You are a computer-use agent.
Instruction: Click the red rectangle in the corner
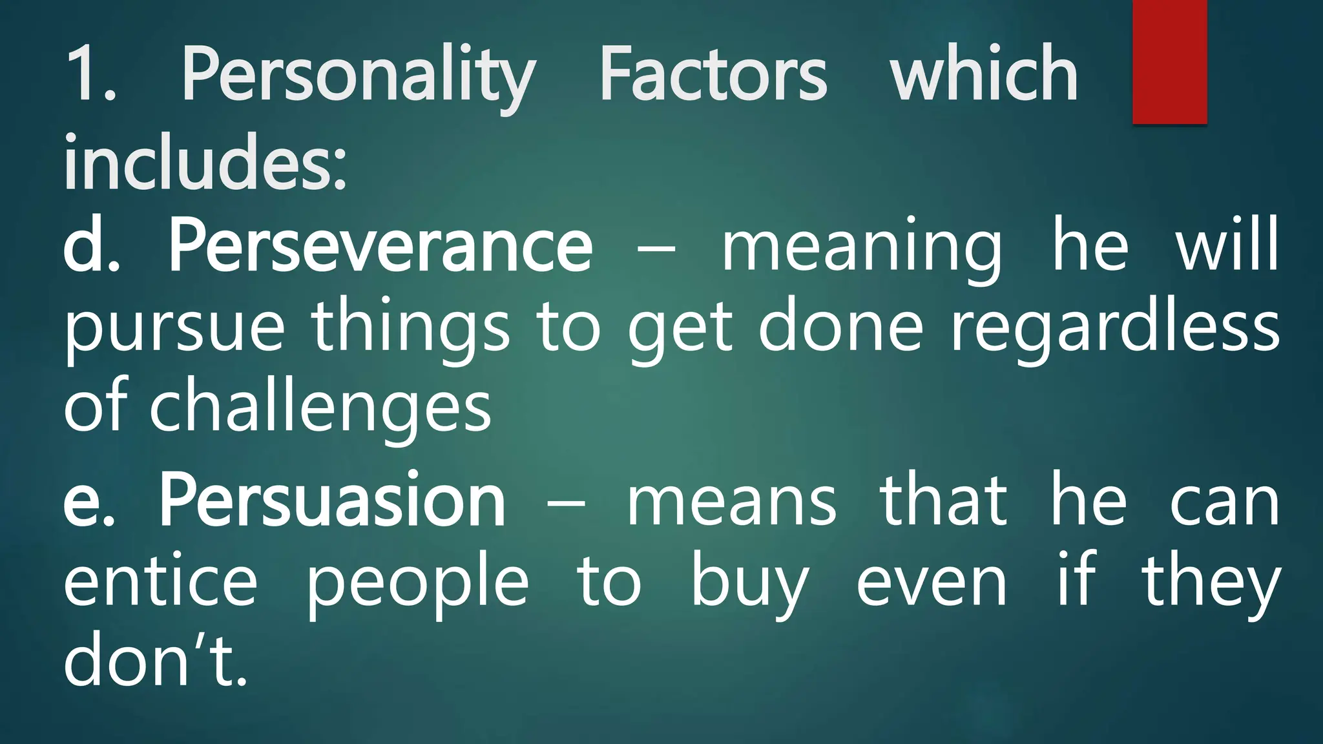(1169, 61)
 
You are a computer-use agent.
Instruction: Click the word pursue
(174, 329)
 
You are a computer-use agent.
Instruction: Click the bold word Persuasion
(332, 501)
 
